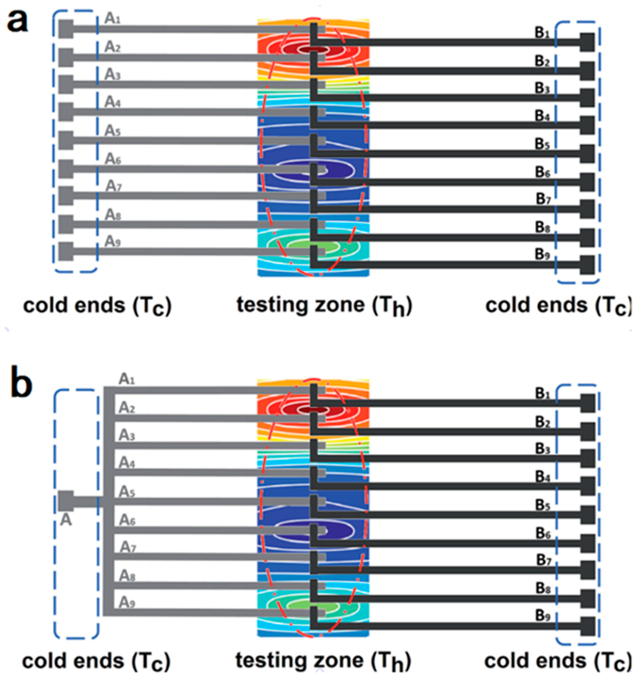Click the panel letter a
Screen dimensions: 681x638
click(18, 21)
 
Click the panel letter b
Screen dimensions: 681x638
click(21, 384)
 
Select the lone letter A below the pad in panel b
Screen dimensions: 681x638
click(66, 520)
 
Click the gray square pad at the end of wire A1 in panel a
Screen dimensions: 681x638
click(66, 29)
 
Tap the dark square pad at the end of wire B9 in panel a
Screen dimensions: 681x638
click(587, 265)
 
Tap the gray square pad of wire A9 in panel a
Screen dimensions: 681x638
click(66, 251)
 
